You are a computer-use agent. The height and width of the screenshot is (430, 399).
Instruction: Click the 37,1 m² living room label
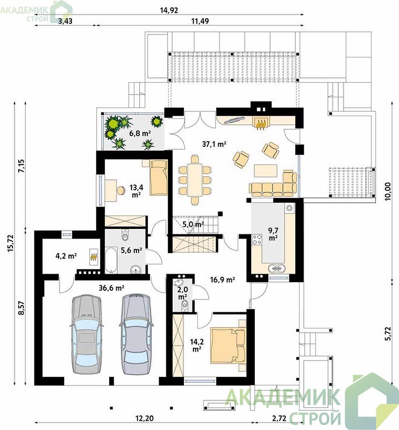tap(214, 144)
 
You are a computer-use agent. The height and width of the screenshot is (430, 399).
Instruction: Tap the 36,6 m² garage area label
tap(111, 288)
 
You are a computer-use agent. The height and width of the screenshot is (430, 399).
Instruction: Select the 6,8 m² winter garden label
tap(140, 133)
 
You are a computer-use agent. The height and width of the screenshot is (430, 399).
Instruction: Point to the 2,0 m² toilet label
tap(183, 294)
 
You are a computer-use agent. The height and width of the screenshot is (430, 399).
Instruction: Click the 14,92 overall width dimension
tap(169, 10)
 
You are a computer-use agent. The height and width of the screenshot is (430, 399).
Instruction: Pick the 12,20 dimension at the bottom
tap(144, 418)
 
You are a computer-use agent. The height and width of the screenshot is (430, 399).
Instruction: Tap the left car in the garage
tap(86, 334)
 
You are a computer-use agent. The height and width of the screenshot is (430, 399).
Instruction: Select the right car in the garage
tap(136, 334)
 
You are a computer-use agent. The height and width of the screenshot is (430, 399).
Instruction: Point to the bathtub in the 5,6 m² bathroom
tap(111, 261)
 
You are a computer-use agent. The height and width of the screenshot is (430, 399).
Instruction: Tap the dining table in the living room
tap(195, 180)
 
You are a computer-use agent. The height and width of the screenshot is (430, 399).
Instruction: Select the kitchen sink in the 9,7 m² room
tap(276, 268)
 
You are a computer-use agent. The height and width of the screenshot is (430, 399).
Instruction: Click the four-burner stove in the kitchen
tap(257, 239)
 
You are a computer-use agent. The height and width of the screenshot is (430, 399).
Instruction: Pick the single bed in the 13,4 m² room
tap(158, 178)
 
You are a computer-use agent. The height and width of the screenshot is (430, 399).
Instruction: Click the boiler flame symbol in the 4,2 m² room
tap(94, 257)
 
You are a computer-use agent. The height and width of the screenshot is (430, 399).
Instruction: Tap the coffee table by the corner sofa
tap(265, 170)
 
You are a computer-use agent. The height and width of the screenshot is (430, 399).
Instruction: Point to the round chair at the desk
tap(120, 190)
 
